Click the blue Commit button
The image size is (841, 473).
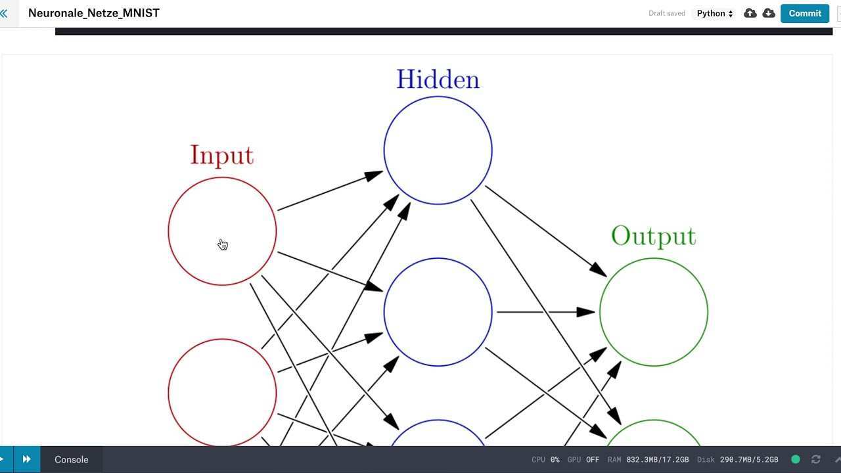pos(805,13)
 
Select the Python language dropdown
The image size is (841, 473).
pos(715,13)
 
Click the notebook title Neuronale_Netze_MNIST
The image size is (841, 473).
pos(94,13)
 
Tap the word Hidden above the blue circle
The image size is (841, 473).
pos(438,79)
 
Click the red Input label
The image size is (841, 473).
pos(221,155)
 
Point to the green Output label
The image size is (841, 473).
pos(653,236)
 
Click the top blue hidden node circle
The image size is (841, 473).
pos(438,150)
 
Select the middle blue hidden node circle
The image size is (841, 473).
pos(438,312)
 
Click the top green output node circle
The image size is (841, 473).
pos(653,312)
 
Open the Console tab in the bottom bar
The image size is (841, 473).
pos(71,460)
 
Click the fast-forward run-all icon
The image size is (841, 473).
pos(26,459)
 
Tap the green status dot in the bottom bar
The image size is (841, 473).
pos(796,459)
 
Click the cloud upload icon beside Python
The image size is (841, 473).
pos(750,13)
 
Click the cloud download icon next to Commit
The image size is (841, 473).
pos(768,13)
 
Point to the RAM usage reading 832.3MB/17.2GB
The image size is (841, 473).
pos(657,460)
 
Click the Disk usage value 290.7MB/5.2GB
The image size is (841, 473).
pos(748,460)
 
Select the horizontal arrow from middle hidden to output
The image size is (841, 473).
pos(545,312)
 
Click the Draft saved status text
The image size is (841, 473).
pos(666,13)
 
